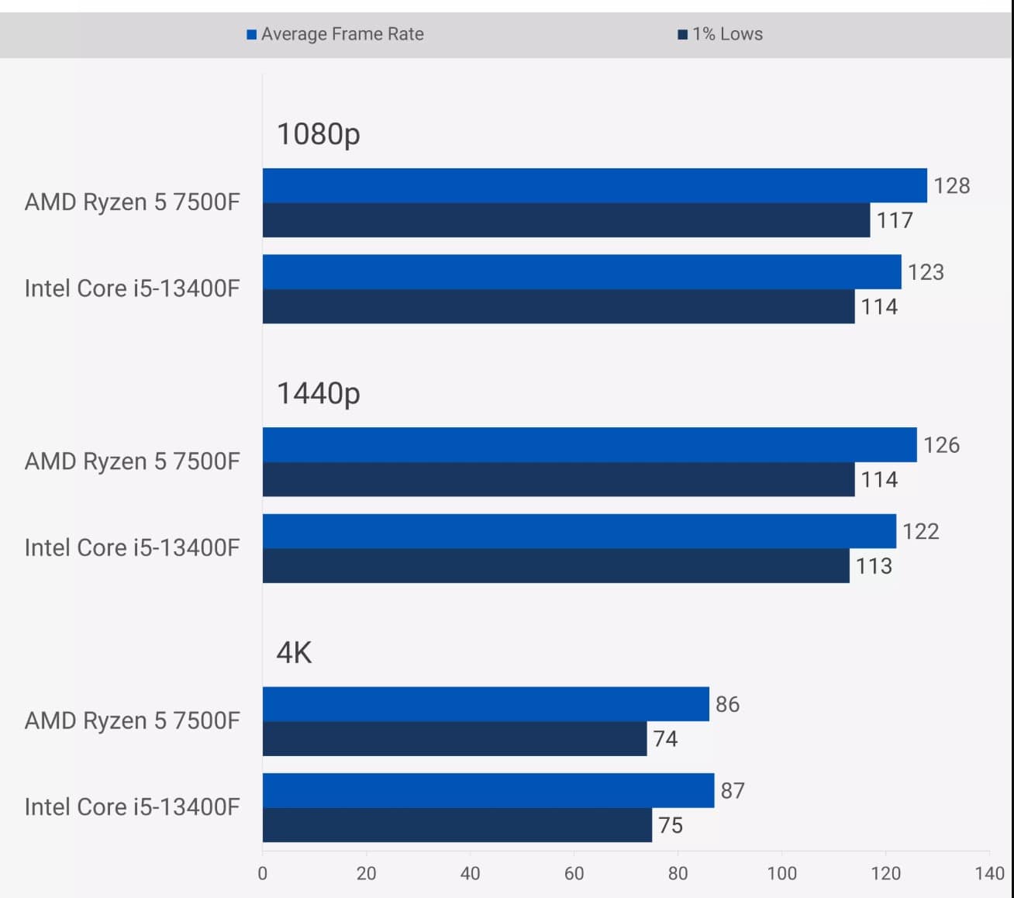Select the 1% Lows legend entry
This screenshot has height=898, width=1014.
(x=720, y=34)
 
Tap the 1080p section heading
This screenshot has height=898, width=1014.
(x=319, y=134)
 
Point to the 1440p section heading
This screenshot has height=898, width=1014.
(x=319, y=393)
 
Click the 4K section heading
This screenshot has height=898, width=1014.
(x=294, y=653)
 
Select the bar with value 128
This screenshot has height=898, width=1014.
(x=595, y=185)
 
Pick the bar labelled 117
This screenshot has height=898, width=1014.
(x=566, y=220)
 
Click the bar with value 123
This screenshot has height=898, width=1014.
(x=581, y=272)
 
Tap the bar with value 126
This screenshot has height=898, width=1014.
(x=589, y=445)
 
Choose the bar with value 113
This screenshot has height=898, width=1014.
(x=556, y=566)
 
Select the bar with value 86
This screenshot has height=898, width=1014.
(x=485, y=704)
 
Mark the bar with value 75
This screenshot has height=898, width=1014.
(x=457, y=825)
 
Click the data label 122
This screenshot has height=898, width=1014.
(x=921, y=531)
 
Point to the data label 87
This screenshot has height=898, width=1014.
(x=733, y=790)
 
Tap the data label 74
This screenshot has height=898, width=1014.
(x=665, y=739)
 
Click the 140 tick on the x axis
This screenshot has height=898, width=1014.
(x=989, y=873)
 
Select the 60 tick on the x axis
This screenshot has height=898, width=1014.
(x=574, y=873)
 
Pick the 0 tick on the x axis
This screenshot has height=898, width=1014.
(x=263, y=873)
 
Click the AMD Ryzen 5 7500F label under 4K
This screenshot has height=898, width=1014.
(x=133, y=721)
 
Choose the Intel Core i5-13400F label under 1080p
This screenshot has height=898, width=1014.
(x=133, y=288)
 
